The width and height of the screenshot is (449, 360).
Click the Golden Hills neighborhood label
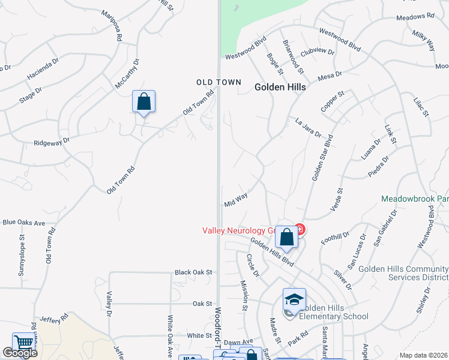280,87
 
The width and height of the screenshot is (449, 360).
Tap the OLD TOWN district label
219,82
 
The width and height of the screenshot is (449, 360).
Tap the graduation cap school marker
294,300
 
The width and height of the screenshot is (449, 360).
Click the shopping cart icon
23,343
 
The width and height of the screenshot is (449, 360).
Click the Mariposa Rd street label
112,26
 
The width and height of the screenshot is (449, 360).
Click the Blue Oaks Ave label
24,223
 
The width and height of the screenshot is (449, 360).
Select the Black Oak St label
193,272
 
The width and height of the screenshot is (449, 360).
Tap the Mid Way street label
236,200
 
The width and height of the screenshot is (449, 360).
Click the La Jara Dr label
309,127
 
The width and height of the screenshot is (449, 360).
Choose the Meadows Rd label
414,16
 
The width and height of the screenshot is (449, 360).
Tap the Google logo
19,353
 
